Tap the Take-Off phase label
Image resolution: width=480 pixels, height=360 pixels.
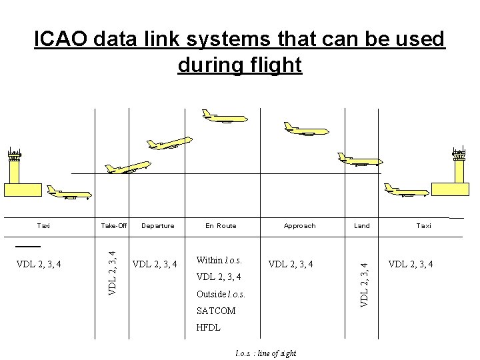(114, 226)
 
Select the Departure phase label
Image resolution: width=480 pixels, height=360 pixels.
(158, 226)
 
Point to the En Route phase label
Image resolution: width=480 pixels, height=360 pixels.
(221, 226)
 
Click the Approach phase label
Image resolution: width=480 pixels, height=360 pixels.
(299, 226)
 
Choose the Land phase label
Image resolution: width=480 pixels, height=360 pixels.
(361, 226)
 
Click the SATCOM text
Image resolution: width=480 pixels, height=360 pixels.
(216, 311)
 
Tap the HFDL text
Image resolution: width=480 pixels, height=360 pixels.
(208, 328)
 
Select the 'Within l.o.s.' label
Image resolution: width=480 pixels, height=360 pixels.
(219, 259)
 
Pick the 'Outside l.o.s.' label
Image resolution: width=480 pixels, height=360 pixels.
(220, 293)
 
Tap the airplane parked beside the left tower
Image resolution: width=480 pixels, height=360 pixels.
(69, 192)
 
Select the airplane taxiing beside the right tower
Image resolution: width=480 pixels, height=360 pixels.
(407, 191)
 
